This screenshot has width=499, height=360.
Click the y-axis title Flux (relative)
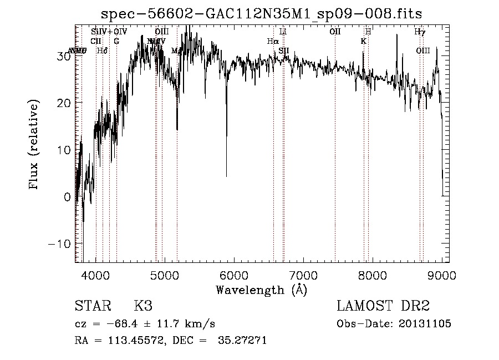[34, 145]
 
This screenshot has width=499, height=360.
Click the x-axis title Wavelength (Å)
[261, 290]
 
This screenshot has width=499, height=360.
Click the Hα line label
[272, 41]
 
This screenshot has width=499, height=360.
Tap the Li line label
[283, 32]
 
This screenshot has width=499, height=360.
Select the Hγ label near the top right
[420, 32]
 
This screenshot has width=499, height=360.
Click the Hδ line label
[102, 51]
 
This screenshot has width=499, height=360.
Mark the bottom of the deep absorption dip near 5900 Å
[226, 175]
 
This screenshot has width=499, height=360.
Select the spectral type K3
[143, 306]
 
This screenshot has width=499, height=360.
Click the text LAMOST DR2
[383, 306]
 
